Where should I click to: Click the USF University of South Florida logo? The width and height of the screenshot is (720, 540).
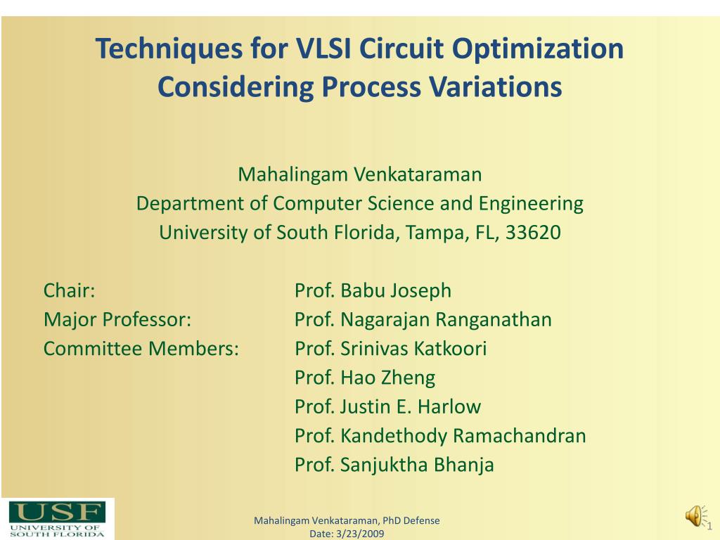57,519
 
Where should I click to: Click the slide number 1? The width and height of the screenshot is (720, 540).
709,527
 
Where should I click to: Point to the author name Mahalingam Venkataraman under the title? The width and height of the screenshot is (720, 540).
359,174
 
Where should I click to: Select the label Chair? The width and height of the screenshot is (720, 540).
70,290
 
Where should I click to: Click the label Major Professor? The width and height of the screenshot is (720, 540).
117,320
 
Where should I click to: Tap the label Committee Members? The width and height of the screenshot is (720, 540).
141,349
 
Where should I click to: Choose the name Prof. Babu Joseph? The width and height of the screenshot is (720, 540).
373,290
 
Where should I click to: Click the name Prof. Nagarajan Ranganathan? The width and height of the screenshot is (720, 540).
423,320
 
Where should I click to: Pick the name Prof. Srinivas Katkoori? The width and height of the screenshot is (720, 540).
390,349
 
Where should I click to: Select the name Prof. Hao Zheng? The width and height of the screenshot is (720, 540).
365,378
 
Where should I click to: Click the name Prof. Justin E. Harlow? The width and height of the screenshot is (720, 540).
387,406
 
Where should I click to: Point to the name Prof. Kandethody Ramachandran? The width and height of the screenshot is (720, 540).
440,436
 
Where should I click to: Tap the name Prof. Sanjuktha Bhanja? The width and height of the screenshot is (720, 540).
394,465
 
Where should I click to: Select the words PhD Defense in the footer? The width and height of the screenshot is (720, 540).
412,520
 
